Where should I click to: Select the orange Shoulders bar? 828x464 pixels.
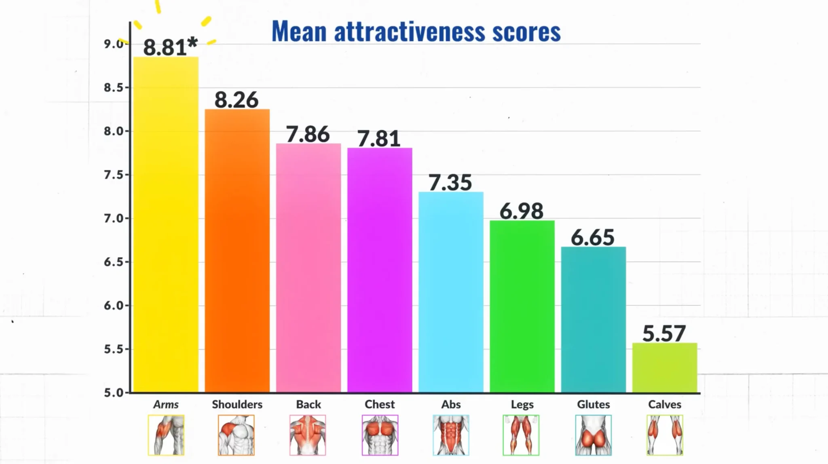pos(237,251)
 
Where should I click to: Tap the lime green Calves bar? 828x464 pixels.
pos(665,367)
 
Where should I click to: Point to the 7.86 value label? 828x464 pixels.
pos(308,134)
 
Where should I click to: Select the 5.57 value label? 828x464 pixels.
pos(664,333)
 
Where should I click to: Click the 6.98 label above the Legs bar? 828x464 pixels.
pos(522,211)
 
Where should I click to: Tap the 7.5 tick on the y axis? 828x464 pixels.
pos(114,175)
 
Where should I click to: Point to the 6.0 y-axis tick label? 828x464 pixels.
pos(114,306)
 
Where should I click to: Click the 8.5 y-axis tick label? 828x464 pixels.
pos(114,87)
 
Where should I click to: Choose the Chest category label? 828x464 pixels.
pos(379,404)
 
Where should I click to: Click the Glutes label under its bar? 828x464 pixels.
pos(593,404)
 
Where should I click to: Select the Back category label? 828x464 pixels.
pos(308,404)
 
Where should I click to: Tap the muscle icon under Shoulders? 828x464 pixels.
pos(237,435)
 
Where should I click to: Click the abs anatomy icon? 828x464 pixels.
pos(451,435)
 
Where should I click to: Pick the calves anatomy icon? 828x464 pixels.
pos(665,435)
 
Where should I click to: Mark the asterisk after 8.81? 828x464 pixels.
pos(192,42)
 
